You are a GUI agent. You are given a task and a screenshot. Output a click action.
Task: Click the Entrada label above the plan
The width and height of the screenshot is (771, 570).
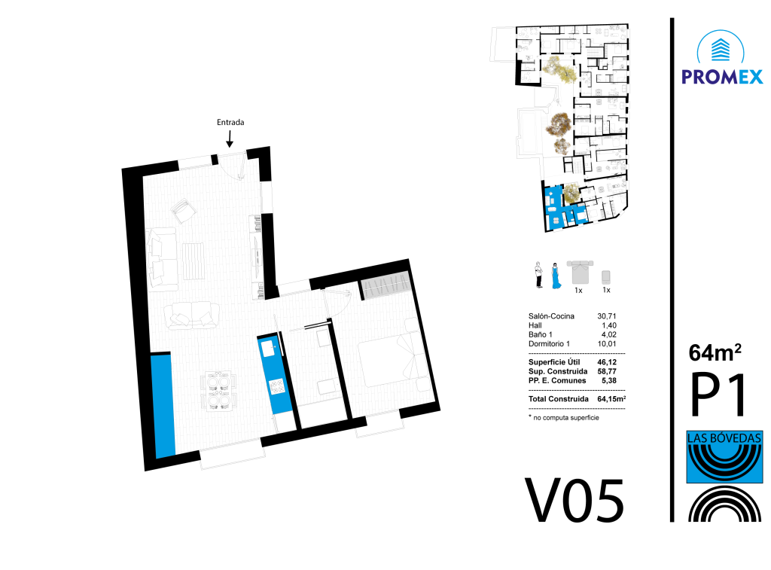pos(230,122)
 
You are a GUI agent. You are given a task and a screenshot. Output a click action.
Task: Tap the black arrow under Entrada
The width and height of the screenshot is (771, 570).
pos(229,139)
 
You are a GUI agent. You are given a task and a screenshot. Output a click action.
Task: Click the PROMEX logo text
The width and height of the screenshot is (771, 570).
pos(722,77)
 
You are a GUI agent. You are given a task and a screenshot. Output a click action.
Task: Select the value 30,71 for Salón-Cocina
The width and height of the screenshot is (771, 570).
pos(606,316)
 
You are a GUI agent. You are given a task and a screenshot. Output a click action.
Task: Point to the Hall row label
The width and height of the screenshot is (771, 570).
pos(535,325)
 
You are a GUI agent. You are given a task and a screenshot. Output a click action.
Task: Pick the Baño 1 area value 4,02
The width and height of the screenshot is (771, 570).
pos(608,334)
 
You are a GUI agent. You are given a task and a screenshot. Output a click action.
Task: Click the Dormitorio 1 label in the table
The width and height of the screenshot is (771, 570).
pos(549,344)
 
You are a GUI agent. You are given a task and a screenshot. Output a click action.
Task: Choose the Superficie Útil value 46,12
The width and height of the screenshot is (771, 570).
pos(607,362)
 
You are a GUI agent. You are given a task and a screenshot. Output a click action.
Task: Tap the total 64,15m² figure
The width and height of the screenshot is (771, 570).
pos(611,398)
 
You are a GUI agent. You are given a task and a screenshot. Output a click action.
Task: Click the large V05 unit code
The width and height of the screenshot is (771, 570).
pos(574,501)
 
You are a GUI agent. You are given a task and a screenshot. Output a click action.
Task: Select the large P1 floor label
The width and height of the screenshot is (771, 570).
pos(718,395)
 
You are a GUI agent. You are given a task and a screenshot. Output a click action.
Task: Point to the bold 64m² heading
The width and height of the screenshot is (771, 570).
pos(715,352)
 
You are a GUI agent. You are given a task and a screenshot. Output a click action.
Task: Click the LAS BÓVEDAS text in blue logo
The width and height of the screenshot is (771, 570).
pos(724,437)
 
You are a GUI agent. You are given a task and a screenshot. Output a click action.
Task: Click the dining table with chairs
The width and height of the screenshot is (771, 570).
pos(219,391)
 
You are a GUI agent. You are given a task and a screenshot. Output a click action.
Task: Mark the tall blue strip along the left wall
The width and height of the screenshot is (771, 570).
pos(163,405)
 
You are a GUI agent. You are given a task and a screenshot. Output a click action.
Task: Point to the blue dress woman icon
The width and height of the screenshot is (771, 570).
pos(556,276)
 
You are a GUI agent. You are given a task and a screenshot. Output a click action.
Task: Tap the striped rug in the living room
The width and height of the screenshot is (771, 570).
pos(194,261)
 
